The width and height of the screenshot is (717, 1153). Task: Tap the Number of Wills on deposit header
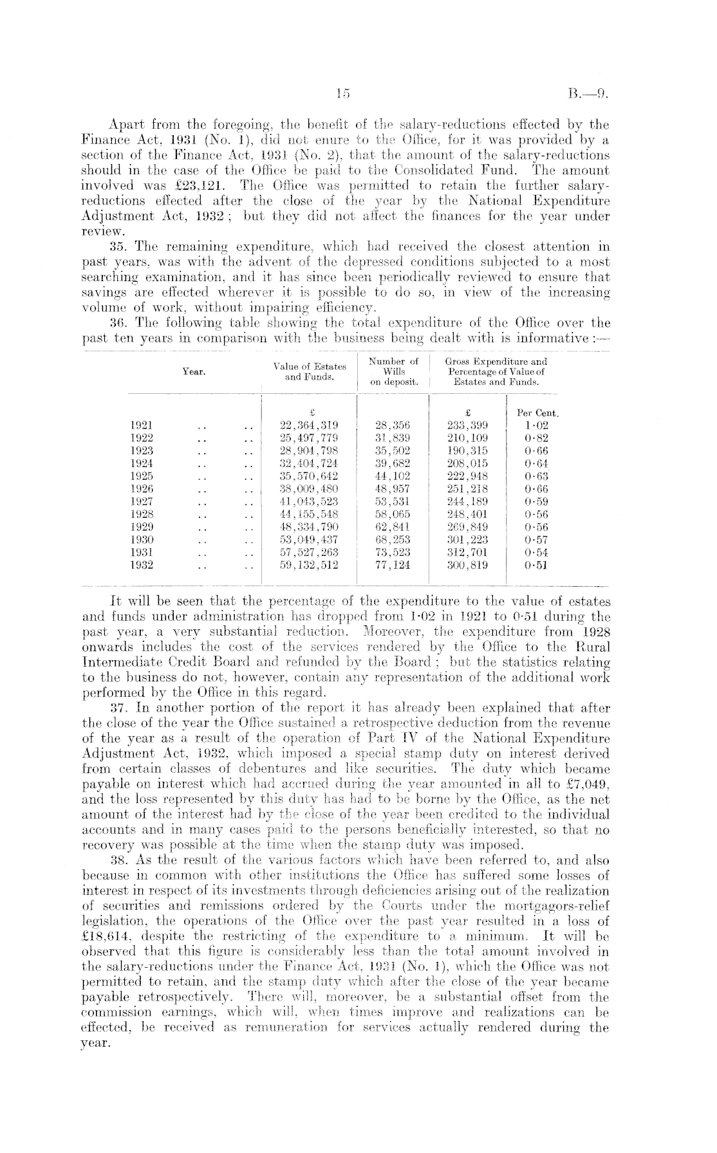pyautogui.click(x=393, y=371)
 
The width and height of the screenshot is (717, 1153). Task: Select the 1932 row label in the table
pyautogui.click(x=141, y=566)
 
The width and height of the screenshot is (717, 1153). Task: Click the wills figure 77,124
pyautogui.click(x=393, y=566)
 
